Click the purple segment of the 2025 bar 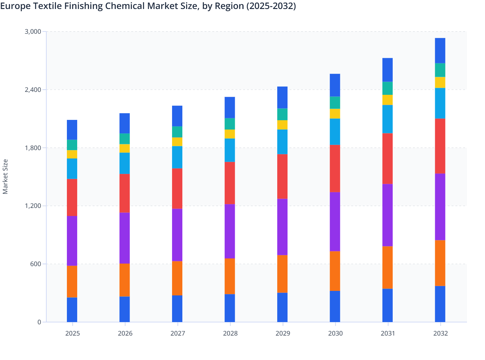click(72, 240)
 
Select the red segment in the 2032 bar click(440, 146)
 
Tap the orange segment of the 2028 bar click(230, 276)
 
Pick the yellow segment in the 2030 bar click(335, 114)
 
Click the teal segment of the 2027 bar click(177, 132)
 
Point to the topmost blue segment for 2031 click(388, 70)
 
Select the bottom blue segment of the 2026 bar click(124, 309)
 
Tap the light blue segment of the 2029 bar click(282, 142)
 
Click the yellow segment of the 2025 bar click(72, 154)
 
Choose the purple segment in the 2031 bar click(388, 215)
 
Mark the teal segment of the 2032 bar click(440, 70)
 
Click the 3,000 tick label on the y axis click(33, 32)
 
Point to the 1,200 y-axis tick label click(33, 206)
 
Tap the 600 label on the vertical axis click(35, 264)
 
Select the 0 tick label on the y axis click(39, 322)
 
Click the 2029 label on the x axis click(283, 333)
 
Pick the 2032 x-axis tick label click(440, 333)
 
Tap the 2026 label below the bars click(125, 333)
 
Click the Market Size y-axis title click(5, 176)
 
